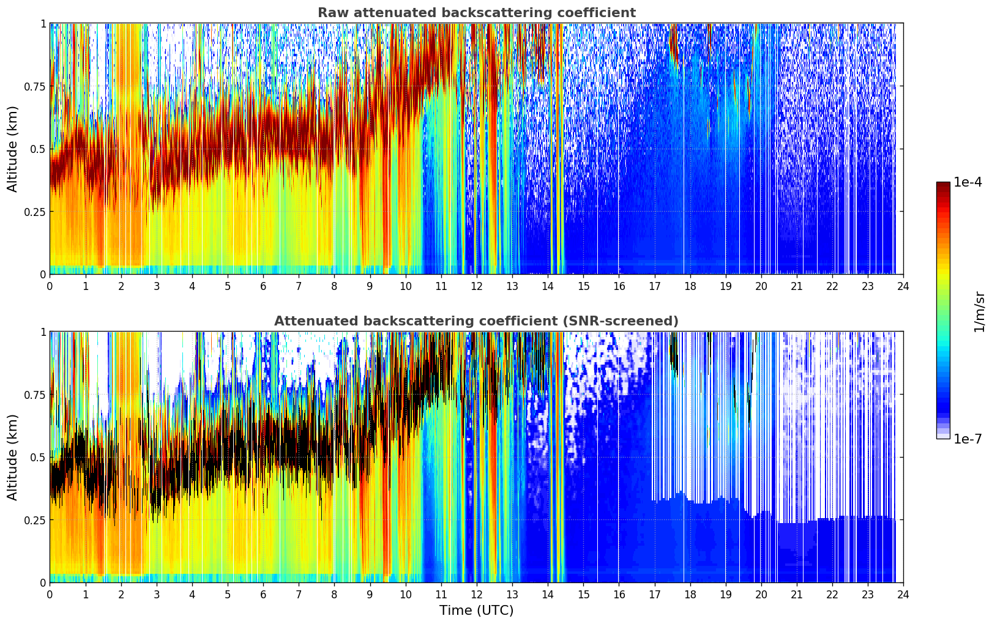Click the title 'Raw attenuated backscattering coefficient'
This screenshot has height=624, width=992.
coord(476,13)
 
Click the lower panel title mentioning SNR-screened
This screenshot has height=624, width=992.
coord(476,321)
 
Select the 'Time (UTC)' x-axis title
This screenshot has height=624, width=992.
coord(476,611)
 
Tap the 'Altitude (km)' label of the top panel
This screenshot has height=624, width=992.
coord(13,149)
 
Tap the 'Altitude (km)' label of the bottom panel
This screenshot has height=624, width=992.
coord(13,457)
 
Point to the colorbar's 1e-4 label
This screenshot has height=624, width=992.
coord(968,182)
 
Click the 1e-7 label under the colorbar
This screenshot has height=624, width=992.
coord(968,439)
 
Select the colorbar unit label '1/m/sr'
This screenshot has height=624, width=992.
coord(979,311)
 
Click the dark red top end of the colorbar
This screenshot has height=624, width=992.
coord(943,185)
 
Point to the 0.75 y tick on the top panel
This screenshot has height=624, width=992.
coord(35,86)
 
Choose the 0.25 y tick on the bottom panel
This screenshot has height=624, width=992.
coord(35,520)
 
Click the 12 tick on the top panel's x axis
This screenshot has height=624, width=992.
coord(476,286)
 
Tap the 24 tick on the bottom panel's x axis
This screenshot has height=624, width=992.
coord(903,594)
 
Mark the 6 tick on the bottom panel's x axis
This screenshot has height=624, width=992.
coord(263,594)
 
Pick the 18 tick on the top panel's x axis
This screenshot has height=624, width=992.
coord(690,286)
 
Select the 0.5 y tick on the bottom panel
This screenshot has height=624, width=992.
coord(37,457)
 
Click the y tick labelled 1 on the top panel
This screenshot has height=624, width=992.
coord(43,23)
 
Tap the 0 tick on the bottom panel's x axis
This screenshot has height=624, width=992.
coord(50,594)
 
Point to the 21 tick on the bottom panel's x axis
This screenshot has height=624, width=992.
coord(796,594)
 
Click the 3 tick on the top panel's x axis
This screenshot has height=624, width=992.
coord(157,286)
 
